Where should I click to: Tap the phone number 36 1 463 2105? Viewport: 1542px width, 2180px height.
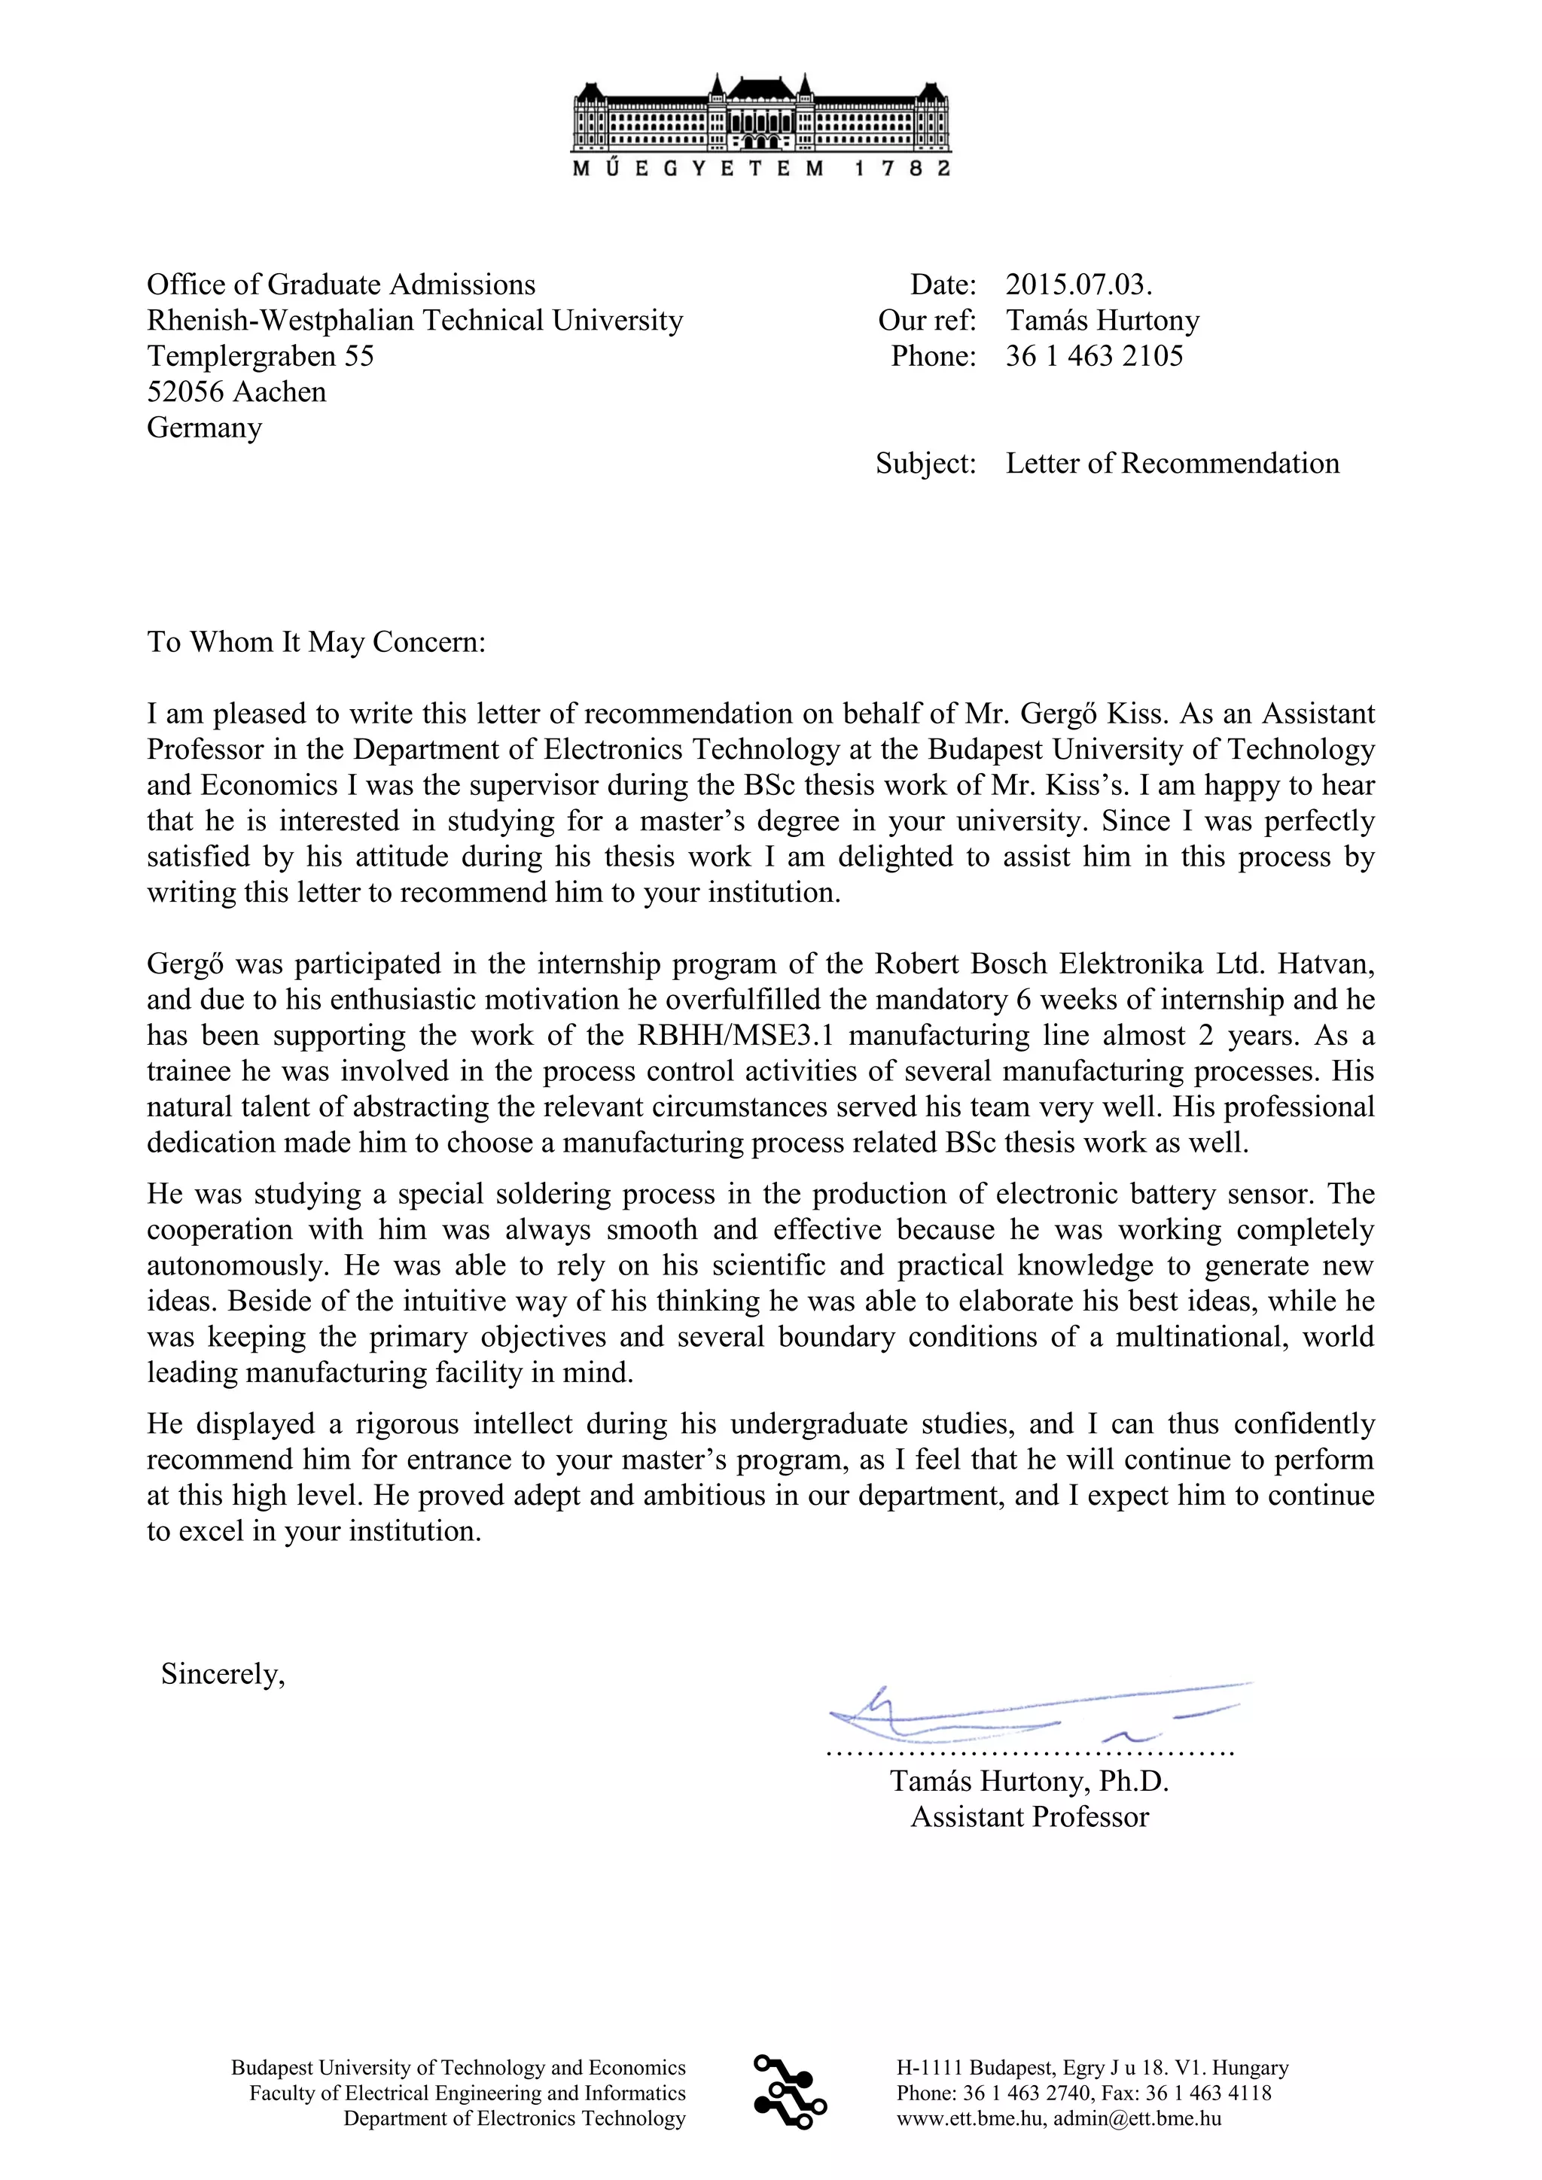tap(1094, 356)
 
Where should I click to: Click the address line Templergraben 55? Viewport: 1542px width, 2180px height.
tap(261, 356)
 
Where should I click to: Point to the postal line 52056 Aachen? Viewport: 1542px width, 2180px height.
tap(236, 391)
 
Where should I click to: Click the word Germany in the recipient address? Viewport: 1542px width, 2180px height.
tap(204, 428)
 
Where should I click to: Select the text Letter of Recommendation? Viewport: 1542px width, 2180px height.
tap(1172, 464)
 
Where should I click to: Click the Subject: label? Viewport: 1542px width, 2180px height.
tap(926, 464)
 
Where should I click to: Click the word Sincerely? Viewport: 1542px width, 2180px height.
tap(223, 1674)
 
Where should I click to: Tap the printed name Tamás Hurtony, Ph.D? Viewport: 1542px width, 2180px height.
tap(1029, 1781)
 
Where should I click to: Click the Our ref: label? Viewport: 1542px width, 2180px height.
tap(927, 320)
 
